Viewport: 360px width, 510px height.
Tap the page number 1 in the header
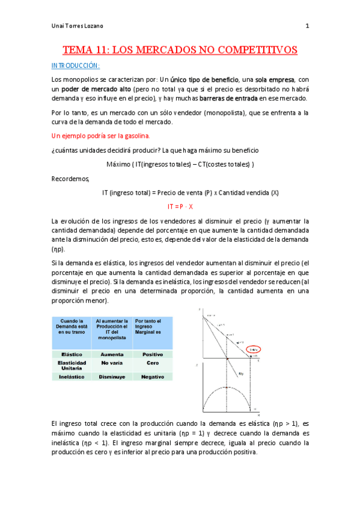[307, 26]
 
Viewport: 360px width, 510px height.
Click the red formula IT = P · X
[180, 206]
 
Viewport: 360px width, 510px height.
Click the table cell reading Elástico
[72, 355]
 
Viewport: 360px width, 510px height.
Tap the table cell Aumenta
[112, 355]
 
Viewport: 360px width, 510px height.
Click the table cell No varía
[112, 363]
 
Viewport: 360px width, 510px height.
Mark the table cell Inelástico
[72, 376]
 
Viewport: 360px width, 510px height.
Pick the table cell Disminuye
[112, 376]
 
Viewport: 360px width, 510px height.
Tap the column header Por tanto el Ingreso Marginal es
[152, 330]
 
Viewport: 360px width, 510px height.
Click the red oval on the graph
[237, 349]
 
